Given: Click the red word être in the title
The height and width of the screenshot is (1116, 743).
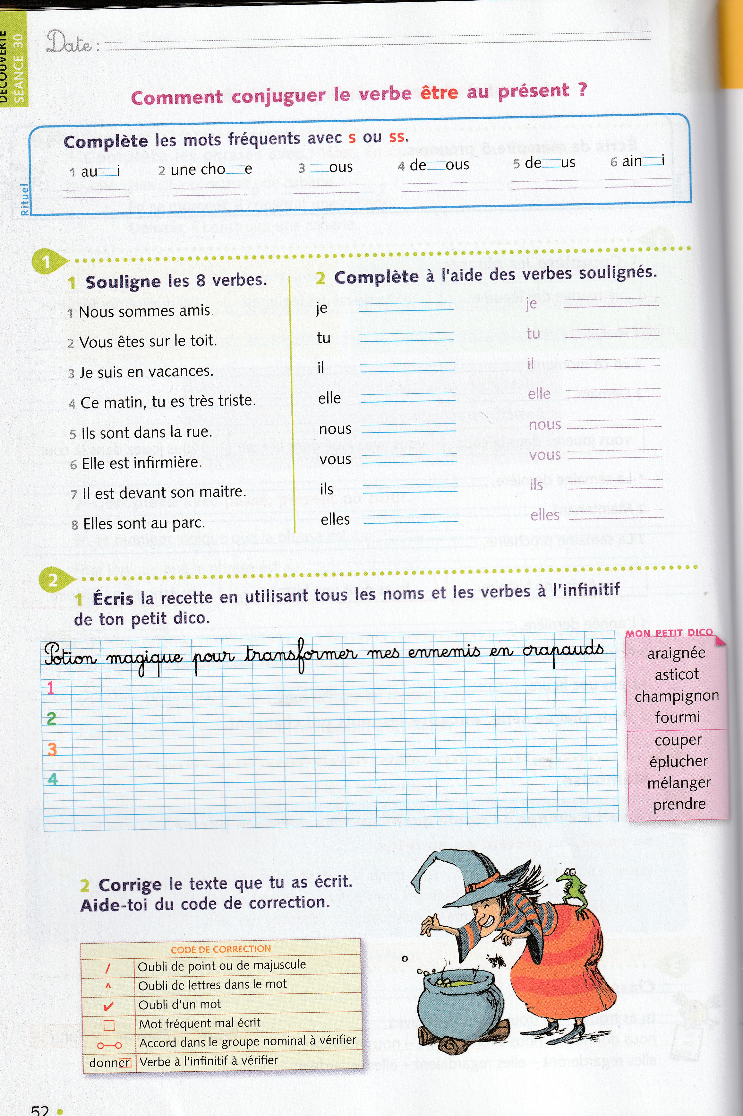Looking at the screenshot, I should click(x=439, y=93).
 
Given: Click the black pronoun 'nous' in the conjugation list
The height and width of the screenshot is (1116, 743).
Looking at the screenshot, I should click(x=335, y=429).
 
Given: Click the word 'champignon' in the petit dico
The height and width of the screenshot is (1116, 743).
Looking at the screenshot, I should click(x=677, y=696).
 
